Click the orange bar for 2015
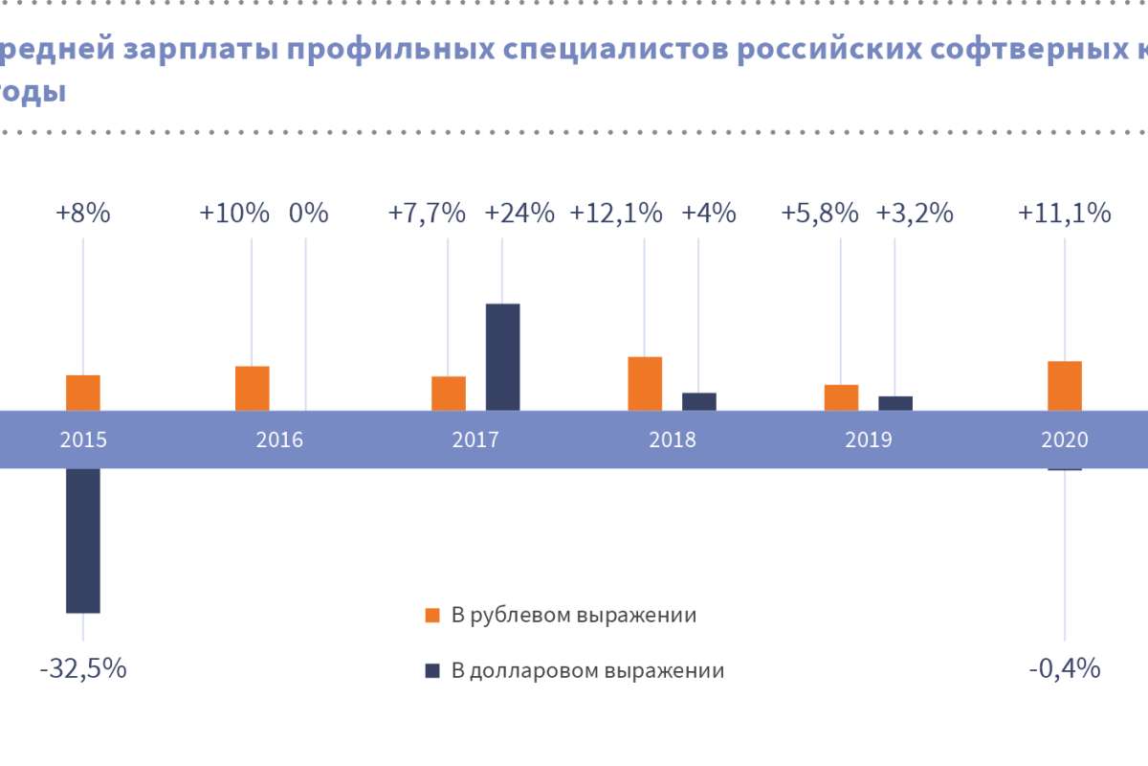(83, 393)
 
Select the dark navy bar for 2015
(83, 540)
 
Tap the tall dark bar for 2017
(503, 357)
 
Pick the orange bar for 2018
(645, 383)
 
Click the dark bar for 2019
(895, 403)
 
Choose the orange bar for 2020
(1065, 386)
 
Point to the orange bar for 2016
(253, 388)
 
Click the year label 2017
(475, 439)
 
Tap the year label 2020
(1065, 439)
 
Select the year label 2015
(83, 439)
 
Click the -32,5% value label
(83, 668)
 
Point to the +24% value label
(519, 213)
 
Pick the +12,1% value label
(616, 213)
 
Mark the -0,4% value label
(1065, 668)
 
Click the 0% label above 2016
(308, 213)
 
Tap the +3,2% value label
(915, 213)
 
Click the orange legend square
(432, 615)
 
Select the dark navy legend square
(432, 670)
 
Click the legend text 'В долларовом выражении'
(587, 670)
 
